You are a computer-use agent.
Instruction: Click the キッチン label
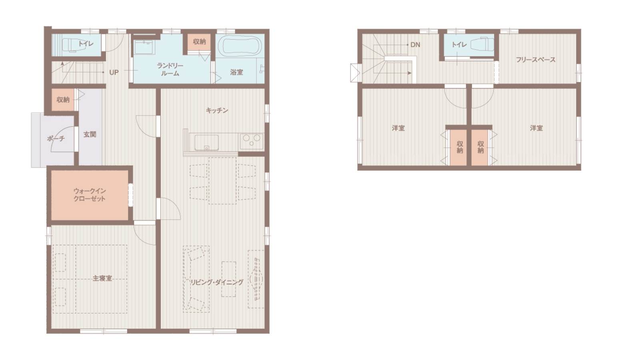(x=217, y=111)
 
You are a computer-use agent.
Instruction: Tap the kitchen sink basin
(x=206, y=143)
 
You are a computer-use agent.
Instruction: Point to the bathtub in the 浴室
(x=240, y=46)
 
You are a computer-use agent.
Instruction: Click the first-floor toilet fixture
(x=70, y=44)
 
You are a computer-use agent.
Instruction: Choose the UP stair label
(x=114, y=72)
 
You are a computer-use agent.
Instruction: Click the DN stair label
(x=415, y=44)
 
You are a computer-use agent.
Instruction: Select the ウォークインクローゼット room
(x=90, y=195)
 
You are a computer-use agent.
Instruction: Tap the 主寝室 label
(x=102, y=278)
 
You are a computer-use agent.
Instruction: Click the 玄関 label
(x=90, y=134)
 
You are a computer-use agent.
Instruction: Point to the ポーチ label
(x=56, y=138)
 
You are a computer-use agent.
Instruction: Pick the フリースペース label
(x=536, y=60)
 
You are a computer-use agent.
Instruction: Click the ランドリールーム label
(x=170, y=70)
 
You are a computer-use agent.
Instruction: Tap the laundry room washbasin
(x=144, y=47)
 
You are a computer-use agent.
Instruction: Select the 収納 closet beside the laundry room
(x=199, y=42)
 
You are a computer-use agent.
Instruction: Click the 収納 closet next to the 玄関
(x=63, y=100)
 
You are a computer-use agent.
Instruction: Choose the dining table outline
(x=222, y=180)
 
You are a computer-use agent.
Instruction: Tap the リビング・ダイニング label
(x=217, y=282)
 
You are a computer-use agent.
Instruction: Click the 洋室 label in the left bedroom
(x=398, y=128)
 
